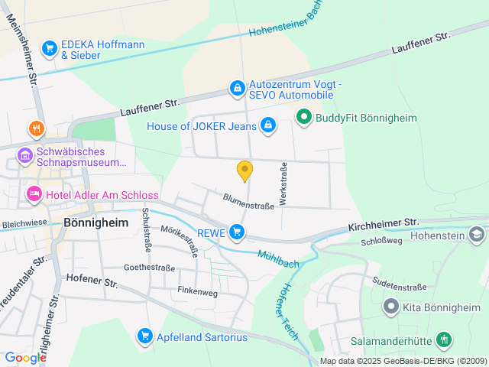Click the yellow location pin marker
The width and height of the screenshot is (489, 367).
point(244,171)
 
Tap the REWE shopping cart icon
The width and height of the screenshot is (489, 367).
point(238,231)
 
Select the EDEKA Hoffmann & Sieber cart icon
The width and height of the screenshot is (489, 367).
point(50,48)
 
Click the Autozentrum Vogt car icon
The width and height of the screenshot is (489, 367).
point(238,89)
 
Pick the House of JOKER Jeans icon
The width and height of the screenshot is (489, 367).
point(268,125)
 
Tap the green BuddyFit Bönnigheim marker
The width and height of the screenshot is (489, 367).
point(303,117)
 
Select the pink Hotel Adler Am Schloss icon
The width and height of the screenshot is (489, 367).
point(34,194)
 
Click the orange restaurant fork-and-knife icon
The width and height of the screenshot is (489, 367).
point(35,128)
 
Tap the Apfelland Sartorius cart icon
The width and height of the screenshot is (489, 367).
point(144,335)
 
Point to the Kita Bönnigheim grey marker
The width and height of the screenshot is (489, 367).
point(391,307)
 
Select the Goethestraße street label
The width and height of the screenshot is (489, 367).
point(149,268)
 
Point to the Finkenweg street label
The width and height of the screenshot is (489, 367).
point(197,291)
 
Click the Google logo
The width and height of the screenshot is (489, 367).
point(25,357)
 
